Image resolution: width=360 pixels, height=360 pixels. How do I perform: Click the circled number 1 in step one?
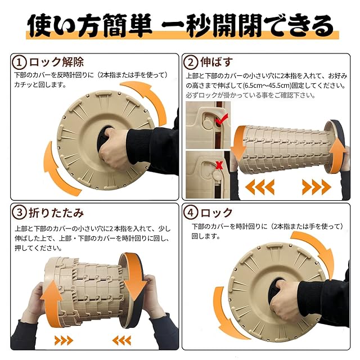(x=20, y=62)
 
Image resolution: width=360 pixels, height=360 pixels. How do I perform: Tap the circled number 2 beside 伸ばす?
(x=191, y=62)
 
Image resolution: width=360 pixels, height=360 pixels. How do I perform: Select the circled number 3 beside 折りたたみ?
(x=20, y=213)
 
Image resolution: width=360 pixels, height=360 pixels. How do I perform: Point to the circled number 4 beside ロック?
(x=191, y=213)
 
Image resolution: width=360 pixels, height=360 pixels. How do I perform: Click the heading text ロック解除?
(x=56, y=62)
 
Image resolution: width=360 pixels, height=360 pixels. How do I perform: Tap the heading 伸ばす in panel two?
(x=217, y=62)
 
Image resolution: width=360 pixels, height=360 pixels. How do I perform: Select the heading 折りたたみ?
(x=56, y=213)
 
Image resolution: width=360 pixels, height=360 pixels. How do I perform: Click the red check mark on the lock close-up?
(x=221, y=119)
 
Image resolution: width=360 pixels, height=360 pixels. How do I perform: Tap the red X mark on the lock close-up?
(x=219, y=165)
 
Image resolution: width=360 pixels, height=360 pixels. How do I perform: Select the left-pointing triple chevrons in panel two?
(x=260, y=187)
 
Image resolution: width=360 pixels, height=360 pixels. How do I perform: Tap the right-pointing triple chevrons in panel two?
(x=317, y=187)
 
